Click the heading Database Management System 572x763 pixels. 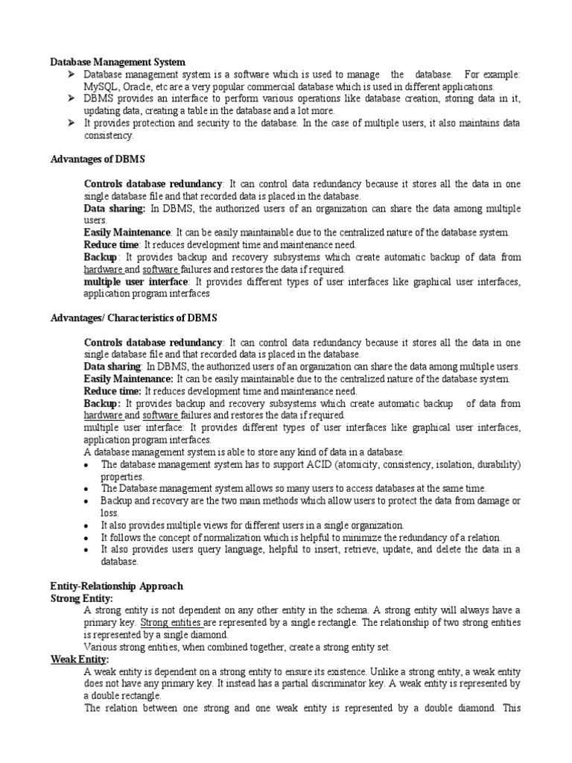pos(118,62)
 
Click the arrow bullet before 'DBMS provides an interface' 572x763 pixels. pos(69,98)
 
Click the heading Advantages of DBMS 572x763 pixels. pos(97,159)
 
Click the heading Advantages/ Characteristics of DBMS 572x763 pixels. pos(133,318)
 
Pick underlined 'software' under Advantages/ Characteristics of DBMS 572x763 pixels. pos(160,415)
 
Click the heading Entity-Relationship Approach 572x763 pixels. pos(116,586)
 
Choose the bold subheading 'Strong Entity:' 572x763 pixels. pos(82,598)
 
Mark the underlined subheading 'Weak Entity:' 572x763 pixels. pos(80,659)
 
